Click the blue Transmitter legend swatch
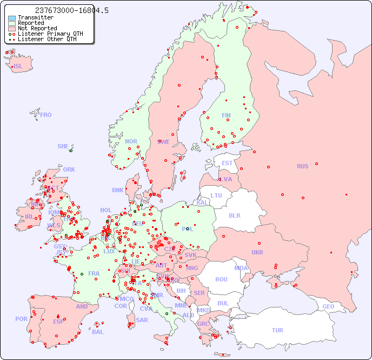point(12,18)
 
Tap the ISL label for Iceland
point(18,67)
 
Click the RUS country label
point(302,166)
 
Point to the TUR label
point(277,330)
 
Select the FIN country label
point(226,115)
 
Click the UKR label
point(257,252)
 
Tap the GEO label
point(328,306)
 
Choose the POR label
point(21,319)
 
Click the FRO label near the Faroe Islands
point(46,115)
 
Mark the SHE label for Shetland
point(63,146)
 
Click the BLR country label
point(234,215)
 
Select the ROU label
point(221,279)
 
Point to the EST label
point(227,163)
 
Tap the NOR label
point(131,141)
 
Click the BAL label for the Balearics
point(98,332)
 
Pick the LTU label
point(216,195)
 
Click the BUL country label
point(223,303)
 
